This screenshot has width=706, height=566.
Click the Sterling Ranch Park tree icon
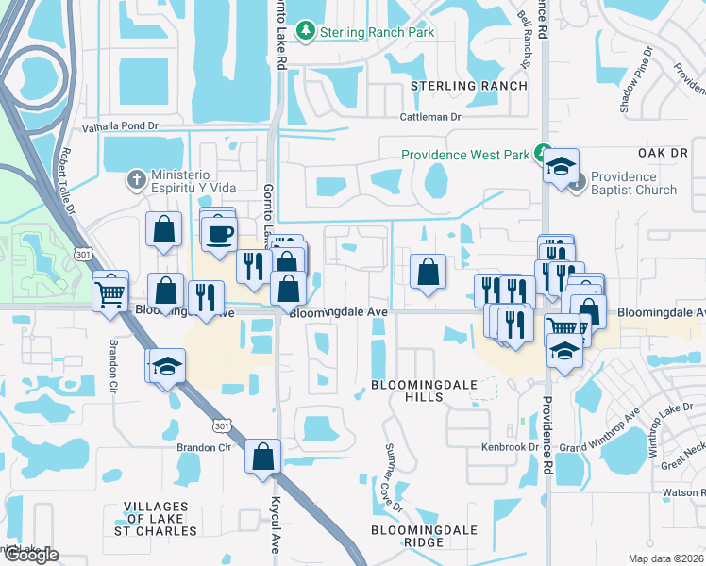pos(306,32)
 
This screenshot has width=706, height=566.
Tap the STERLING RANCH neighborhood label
pos(470,86)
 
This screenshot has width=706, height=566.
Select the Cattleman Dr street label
pos(429,117)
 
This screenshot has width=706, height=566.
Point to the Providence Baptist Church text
pos(633,183)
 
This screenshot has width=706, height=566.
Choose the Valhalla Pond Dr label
pos(120,125)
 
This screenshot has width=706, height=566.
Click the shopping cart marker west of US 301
pos(110,292)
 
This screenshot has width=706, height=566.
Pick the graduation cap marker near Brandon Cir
pos(168,366)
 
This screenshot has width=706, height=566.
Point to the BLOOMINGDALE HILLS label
pos(420,391)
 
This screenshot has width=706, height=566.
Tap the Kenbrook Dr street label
pos(509,447)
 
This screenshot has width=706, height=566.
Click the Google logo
pos(31,555)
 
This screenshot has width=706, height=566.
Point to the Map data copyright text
pos(666,558)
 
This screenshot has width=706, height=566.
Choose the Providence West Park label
pos(465,155)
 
